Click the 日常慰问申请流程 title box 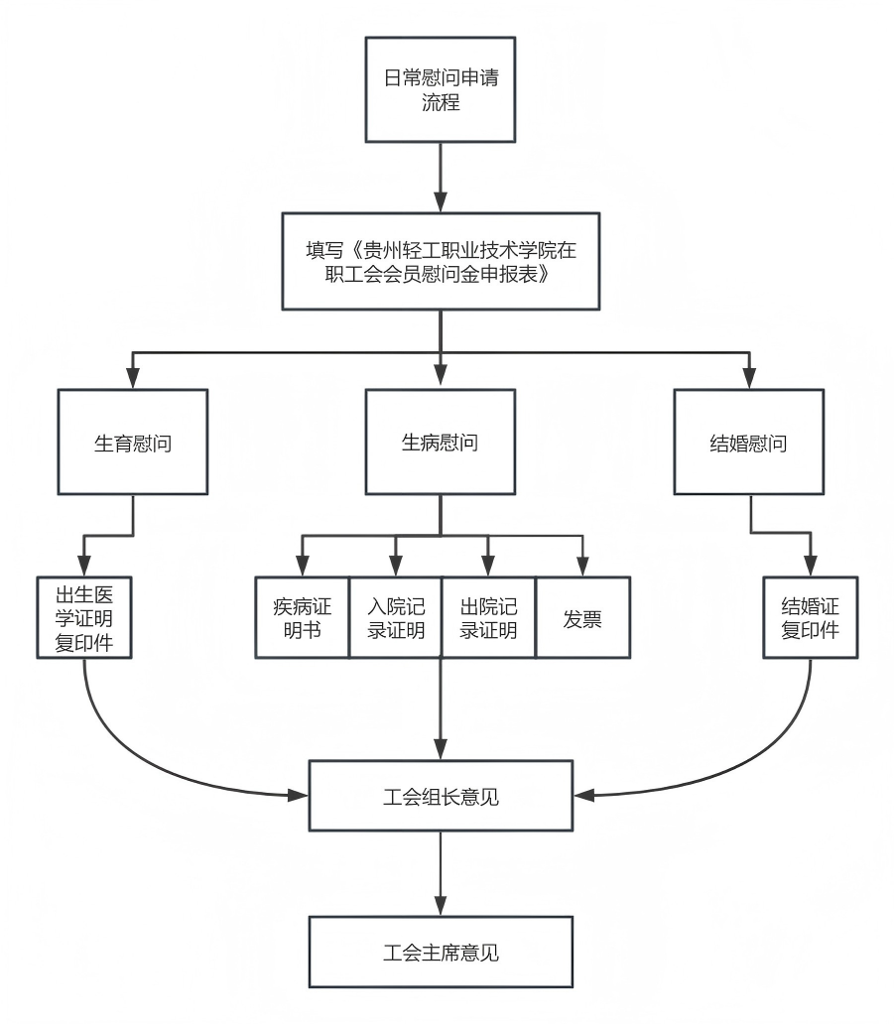click(x=441, y=89)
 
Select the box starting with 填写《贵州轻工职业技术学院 click(x=441, y=261)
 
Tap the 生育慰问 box click(x=133, y=443)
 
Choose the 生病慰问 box click(x=441, y=443)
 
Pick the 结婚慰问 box click(x=749, y=443)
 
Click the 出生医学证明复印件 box click(x=84, y=617)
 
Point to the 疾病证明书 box click(x=302, y=617)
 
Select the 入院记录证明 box click(x=395, y=617)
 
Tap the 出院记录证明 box click(x=488, y=617)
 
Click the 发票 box click(x=581, y=617)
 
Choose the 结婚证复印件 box click(x=811, y=617)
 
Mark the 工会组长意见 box click(x=441, y=796)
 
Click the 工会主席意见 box click(x=441, y=953)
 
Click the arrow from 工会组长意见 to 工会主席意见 click(x=441, y=873)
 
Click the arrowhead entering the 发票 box click(x=581, y=568)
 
